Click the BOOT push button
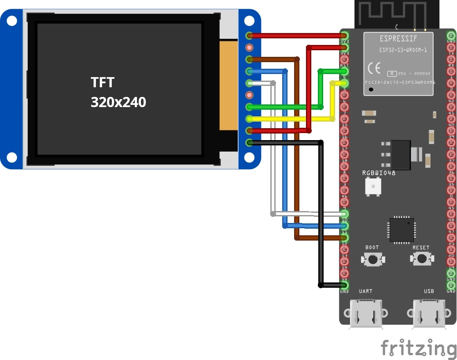[x=372, y=259]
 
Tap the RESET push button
[x=421, y=259]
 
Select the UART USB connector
[x=365, y=314]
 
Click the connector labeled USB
[x=429, y=314]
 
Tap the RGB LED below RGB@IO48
[x=373, y=187]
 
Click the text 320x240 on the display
[x=118, y=102]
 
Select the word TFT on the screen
[x=102, y=82]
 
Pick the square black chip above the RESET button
[x=401, y=230]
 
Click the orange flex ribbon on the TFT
[x=228, y=85]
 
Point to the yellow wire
[x=291, y=119]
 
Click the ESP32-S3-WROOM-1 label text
[x=403, y=50]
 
